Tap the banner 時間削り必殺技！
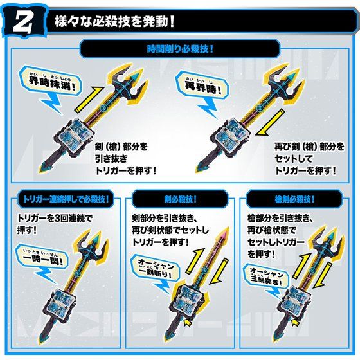tap(179, 48)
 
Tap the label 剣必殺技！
tap(179, 198)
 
